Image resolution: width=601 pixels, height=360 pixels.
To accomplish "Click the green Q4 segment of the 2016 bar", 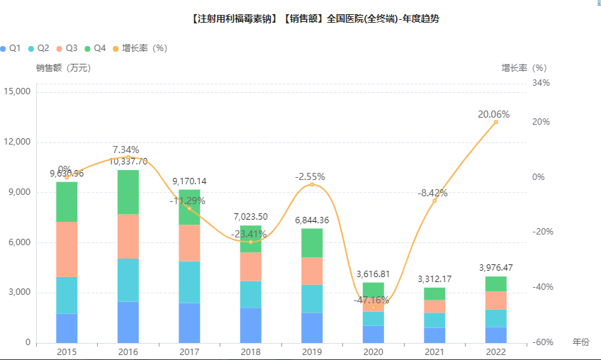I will pyautogui.click(x=128, y=192).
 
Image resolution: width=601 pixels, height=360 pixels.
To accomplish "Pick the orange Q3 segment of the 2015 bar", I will pyautogui.click(x=67, y=249).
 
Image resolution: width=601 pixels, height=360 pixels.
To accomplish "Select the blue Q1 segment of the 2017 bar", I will pyautogui.click(x=189, y=323).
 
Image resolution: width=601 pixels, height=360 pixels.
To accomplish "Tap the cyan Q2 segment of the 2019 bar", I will pyautogui.click(x=311, y=298).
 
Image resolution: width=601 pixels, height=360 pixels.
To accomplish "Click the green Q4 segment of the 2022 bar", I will pyautogui.click(x=495, y=283).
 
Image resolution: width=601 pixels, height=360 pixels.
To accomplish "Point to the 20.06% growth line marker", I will pyautogui.click(x=495, y=122).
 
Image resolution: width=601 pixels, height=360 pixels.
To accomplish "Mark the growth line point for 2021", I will pyautogui.click(x=434, y=201).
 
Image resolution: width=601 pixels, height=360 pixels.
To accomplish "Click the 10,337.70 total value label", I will pyautogui.click(x=128, y=162).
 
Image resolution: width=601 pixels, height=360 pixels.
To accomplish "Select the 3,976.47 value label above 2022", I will pyautogui.click(x=496, y=267).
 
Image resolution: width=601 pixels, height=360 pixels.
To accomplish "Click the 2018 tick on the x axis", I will pyautogui.click(x=250, y=351).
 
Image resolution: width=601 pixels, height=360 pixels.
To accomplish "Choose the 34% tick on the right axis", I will pyautogui.click(x=541, y=83).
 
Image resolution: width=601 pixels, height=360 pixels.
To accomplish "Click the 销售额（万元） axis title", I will pyautogui.click(x=64, y=68).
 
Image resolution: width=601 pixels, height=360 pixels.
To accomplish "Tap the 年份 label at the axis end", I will pyautogui.click(x=580, y=342).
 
